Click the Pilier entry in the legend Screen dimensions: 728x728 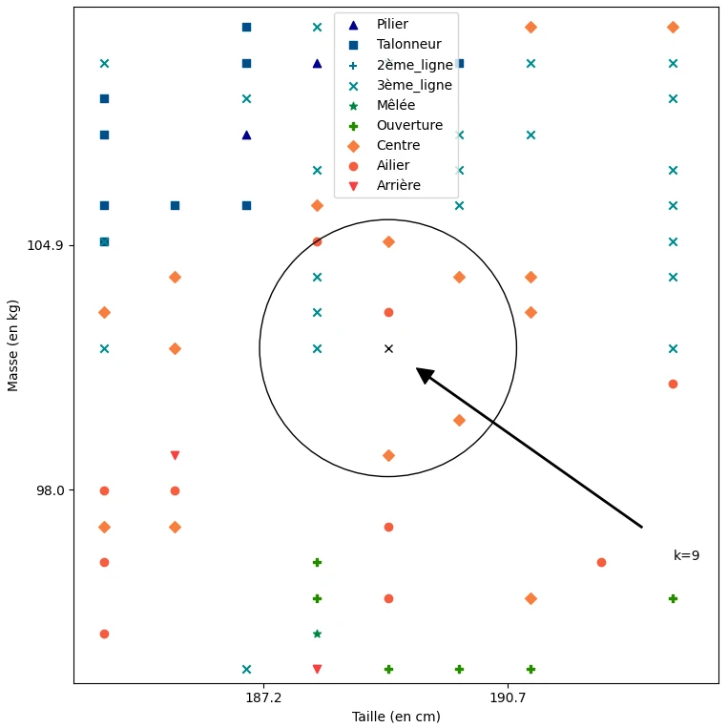pos(392,25)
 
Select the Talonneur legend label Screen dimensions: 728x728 pos(408,45)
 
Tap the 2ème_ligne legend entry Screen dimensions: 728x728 pos(414,65)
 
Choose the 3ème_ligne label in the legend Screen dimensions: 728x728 pos(414,85)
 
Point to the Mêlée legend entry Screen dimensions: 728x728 pos(396,105)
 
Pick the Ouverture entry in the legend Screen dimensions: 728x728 pos(409,125)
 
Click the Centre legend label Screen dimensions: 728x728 pos(398,145)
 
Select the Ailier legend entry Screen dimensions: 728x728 pos(393,165)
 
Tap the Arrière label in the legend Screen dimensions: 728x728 pos(398,185)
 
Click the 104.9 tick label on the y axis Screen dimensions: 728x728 pos(45,245)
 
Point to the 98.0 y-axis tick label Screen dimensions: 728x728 pos(49,490)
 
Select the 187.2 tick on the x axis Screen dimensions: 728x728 pos(263,697)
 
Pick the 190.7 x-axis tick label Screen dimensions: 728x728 pos(508,697)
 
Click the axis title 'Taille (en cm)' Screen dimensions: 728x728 pos(396,717)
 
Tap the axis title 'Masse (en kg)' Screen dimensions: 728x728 pos(13,345)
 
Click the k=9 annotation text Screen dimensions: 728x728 pos(686,555)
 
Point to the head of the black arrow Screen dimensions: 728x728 pos(418,369)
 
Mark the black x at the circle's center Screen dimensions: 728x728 pos(388,348)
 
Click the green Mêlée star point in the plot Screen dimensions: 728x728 pos(317,634)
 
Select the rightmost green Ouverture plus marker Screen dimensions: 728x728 pos(673,598)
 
